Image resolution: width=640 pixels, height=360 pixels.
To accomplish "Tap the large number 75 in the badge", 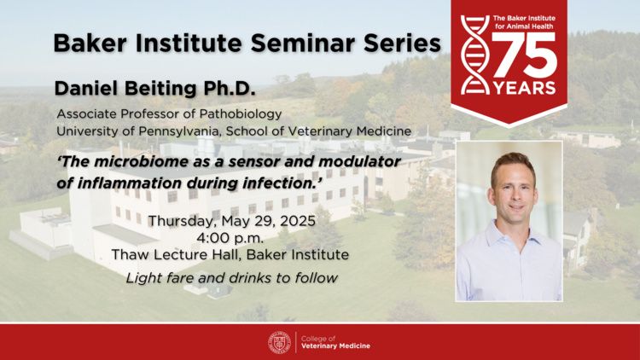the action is click(x=525, y=55).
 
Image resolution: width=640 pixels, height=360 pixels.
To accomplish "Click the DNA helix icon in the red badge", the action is click(x=475, y=55).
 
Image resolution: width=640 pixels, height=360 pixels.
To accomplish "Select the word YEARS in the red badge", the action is click(x=525, y=88).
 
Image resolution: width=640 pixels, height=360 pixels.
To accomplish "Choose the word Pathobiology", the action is click(x=241, y=113).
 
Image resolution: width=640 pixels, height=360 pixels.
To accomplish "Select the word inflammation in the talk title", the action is click(x=131, y=183).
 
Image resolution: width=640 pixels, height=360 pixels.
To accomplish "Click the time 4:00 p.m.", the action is click(x=230, y=237).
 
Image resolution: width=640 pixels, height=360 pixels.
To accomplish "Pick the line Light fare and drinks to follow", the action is click(x=231, y=278).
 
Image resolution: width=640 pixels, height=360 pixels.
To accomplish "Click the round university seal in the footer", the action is click(x=280, y=342).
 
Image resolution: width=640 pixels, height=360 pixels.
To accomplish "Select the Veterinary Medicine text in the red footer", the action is click(x=335, y=346).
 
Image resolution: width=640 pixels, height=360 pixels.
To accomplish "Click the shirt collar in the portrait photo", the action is click(x=510, y=235).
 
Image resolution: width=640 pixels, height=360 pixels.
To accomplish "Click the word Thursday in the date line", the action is click(x=183, y=221).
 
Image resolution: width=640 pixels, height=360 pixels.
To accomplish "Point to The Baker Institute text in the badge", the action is click(x=524, y=19).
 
